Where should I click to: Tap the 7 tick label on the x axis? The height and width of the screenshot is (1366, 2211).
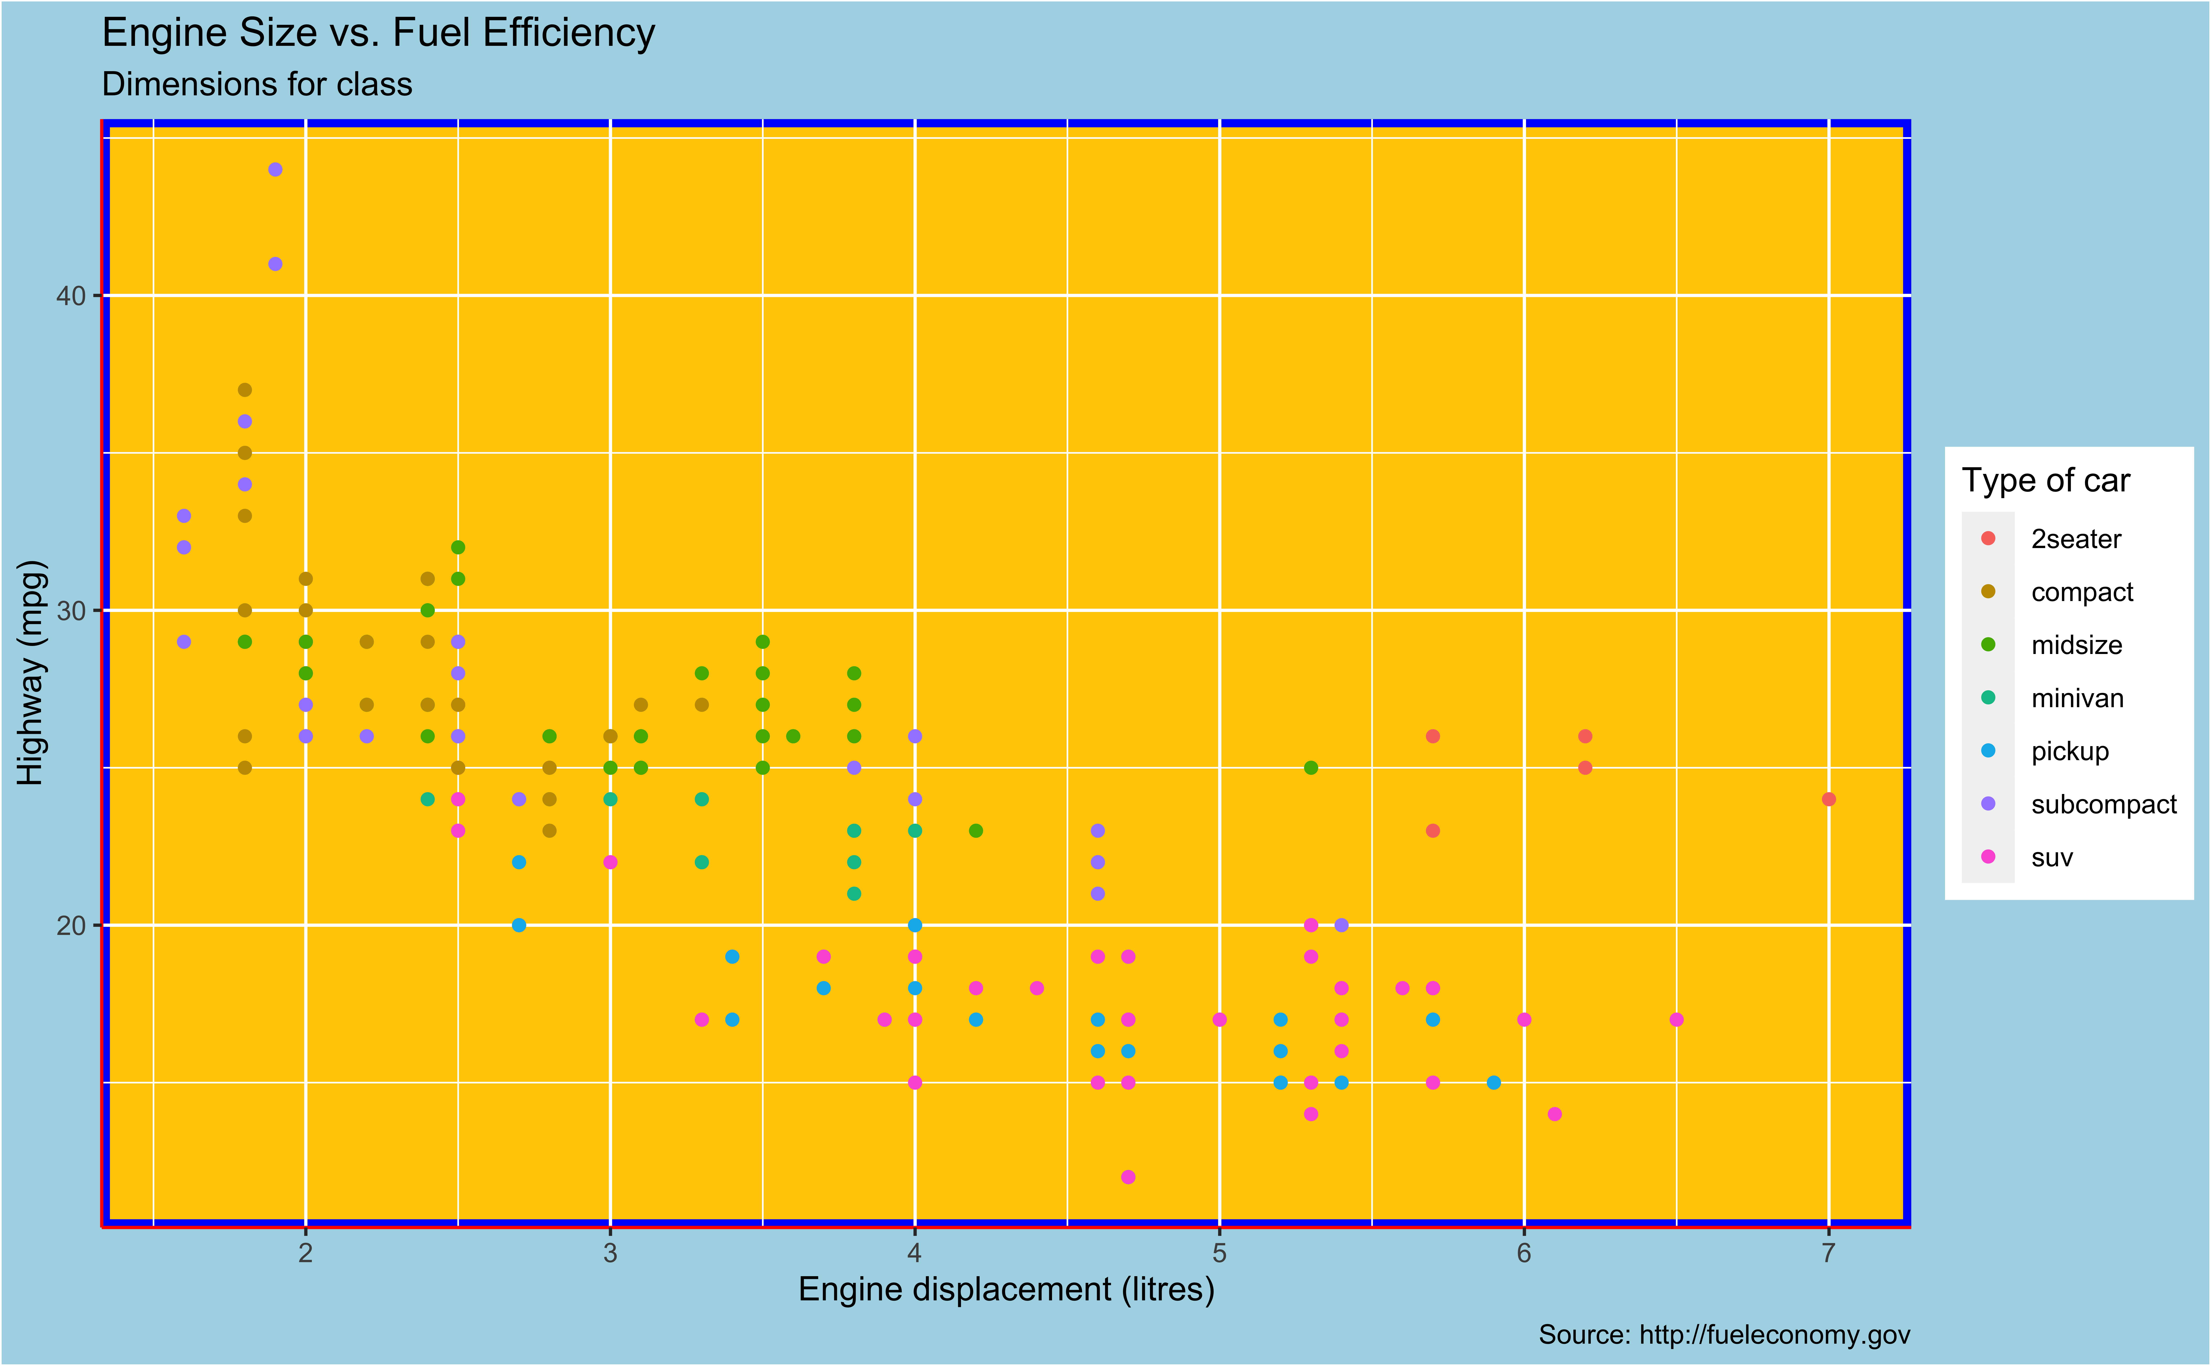pos(1828,1253)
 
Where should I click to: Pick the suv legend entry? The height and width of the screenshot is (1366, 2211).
pos(2051,857)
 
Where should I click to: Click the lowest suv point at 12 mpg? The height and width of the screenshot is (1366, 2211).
pos(1128,1176)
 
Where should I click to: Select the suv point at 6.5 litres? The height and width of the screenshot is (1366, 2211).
pos(1676,1019)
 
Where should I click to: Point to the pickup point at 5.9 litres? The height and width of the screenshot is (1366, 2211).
pos(1494,1082)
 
